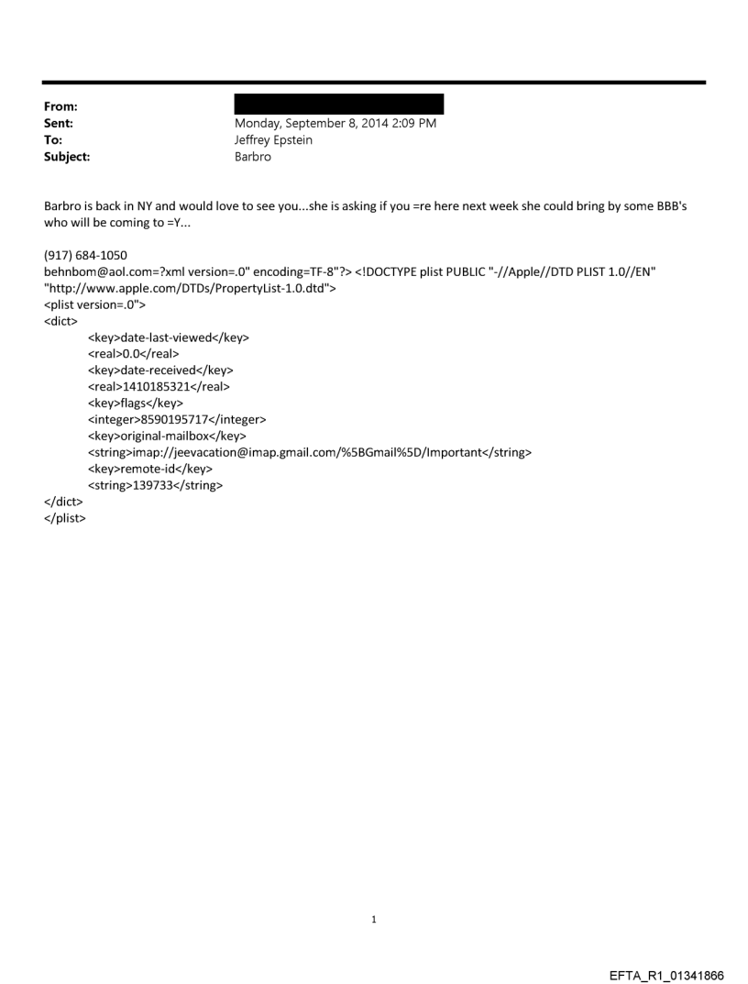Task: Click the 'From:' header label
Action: [60, 106]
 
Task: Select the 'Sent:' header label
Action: [59, 123]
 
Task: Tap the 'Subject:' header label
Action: [67, 157]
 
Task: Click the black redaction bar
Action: [338, 105]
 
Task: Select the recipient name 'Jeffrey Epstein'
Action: [273, 140]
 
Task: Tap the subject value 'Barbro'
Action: [253, 157]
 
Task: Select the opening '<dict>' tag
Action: [60, 321]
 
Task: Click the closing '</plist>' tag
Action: [65, 519]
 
